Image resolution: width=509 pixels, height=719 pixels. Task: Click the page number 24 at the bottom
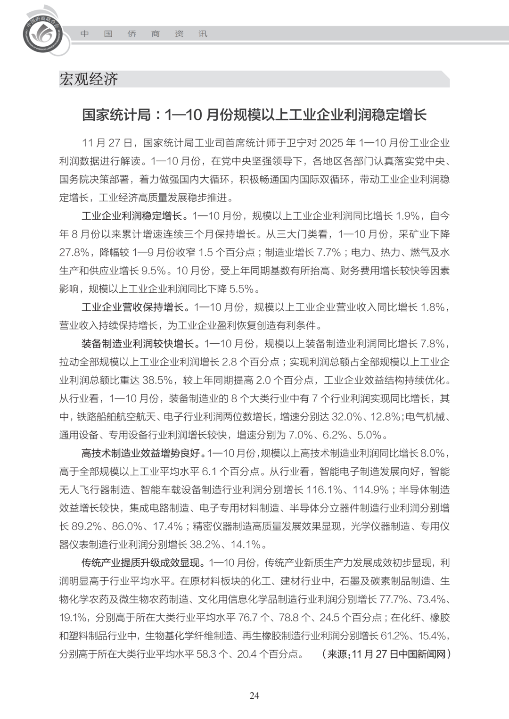pos(254,695)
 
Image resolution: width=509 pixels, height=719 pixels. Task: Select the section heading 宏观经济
pos(89,79)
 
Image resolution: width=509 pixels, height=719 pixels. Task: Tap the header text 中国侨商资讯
pos(144,34)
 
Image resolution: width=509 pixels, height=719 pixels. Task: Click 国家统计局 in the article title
pos(116,115)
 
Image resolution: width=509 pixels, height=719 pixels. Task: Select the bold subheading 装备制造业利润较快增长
pos(138,344)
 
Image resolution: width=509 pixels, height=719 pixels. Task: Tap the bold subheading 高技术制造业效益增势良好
pos(142,453)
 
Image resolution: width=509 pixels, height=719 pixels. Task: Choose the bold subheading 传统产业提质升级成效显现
pos(142,562)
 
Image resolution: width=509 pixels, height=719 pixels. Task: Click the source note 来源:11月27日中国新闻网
pos(386,654)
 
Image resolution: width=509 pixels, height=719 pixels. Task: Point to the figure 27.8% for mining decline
pos(74,252)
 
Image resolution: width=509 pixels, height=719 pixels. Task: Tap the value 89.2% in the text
pos(87,526)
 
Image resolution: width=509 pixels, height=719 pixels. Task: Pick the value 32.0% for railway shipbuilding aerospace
pos(347,417)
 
